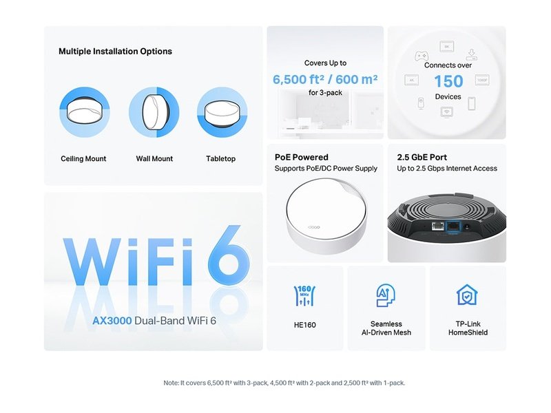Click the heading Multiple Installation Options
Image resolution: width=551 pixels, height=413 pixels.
coord(115,51)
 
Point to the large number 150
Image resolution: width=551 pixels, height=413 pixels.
coord(448,81)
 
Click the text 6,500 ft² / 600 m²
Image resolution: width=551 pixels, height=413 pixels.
coord(325,79)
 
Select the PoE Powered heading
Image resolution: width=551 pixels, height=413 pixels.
coord(302,157)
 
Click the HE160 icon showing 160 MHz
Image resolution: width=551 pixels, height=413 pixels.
coord(304,295)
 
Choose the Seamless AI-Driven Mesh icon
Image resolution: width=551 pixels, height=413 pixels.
coord(386,295)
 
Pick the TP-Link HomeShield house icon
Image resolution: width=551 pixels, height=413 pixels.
coord(468,295)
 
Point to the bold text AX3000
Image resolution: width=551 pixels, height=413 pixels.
coord(113,321)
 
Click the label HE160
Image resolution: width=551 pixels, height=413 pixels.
coord(304,324)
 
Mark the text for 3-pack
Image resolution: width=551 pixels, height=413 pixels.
coord(325,92)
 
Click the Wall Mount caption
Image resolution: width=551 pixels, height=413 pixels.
coord(154,159)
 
